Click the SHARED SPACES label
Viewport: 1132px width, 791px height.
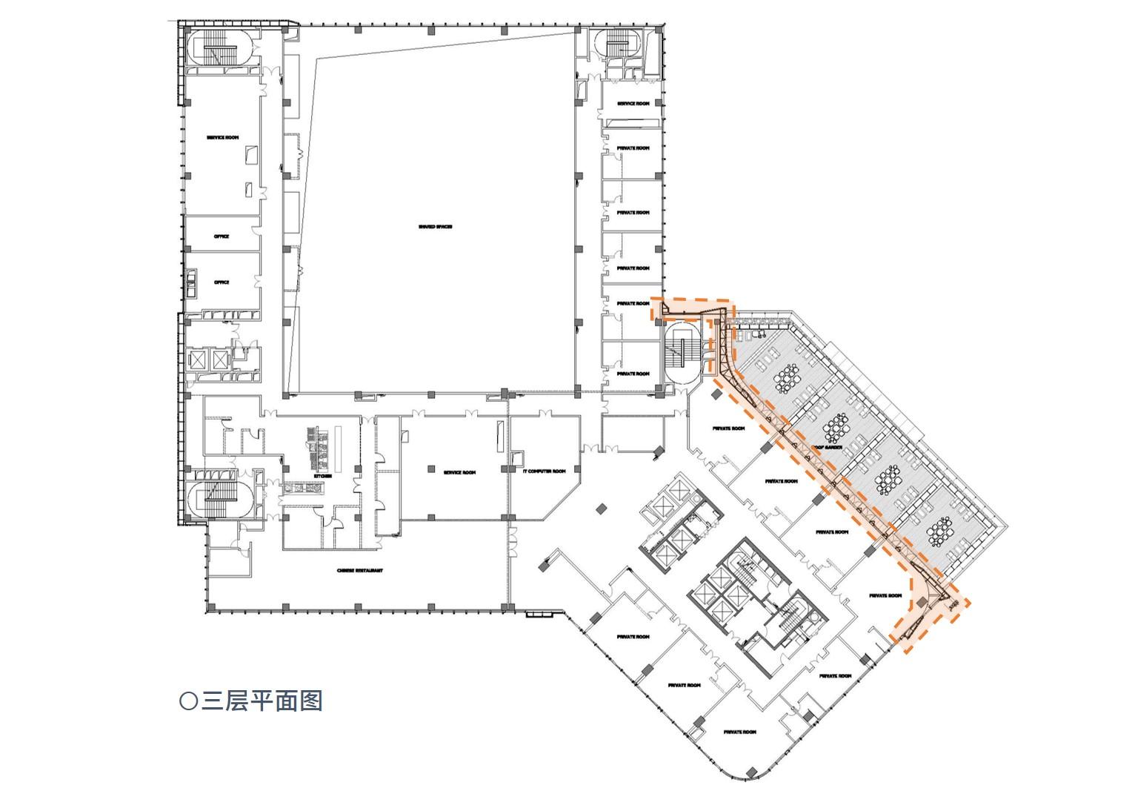(435, 227)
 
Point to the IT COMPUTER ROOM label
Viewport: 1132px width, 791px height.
(544, 471)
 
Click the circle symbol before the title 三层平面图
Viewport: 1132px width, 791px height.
(188, 701)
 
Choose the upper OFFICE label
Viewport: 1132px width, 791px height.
(222, 236)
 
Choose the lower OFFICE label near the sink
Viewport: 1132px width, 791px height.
(222, 282)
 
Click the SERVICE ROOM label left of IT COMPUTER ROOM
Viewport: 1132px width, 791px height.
(459, 472)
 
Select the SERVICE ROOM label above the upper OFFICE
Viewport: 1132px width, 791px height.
(222, 138)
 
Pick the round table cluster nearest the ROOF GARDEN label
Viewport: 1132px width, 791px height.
(837, 428)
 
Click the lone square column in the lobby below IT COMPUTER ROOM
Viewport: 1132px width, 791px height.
(602, 508)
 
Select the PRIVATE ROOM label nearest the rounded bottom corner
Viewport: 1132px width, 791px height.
(740, 732)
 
